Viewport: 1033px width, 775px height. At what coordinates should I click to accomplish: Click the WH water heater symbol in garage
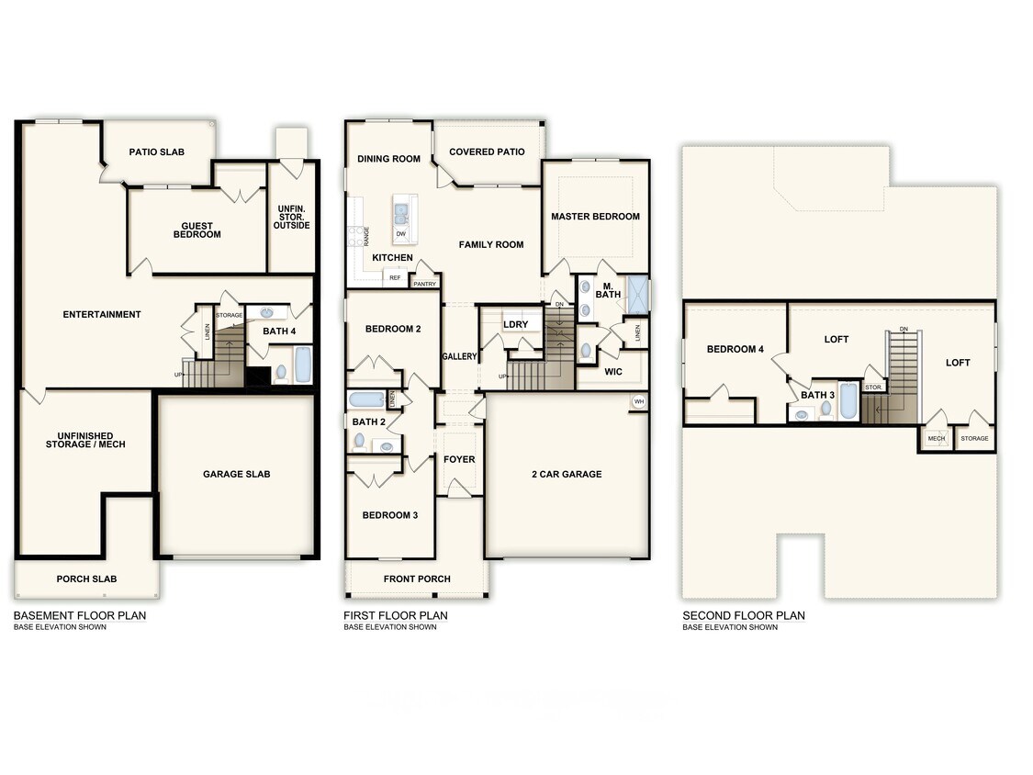click(x=638, y=401)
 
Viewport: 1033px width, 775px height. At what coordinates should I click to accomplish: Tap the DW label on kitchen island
click(x=401, y=234)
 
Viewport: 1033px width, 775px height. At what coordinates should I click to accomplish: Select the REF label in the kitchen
click(x=395, y=277)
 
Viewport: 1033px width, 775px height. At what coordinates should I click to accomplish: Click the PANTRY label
click(x=424, y=284)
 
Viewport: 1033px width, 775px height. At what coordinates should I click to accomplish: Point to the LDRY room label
click(x=515, y=324)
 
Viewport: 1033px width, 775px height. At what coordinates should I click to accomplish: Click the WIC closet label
click(x=614, y=372)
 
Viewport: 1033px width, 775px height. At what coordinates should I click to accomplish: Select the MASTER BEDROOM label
click(x=595, y=217)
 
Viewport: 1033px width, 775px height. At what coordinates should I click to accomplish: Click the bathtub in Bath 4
click(x=302, y=365)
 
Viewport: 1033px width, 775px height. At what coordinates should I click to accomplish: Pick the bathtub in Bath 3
click(x=848, y=400)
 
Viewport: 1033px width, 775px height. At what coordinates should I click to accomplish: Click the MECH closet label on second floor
click(x=936, y=439)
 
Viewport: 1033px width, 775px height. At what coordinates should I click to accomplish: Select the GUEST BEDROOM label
click(x=197, y=230)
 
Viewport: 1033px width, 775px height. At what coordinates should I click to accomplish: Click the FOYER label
click(x=459, y=459)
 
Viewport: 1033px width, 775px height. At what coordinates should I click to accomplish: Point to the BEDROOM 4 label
click(x=735, y=349)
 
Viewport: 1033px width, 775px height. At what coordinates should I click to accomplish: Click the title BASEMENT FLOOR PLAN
click(x=79, y=615)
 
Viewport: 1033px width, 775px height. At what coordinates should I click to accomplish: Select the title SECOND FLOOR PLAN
click(x=743, y=615)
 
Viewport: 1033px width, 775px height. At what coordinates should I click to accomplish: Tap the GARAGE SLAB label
click(x=236, y=474)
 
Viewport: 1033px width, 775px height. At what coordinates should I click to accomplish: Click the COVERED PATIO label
click(x=487, y=152)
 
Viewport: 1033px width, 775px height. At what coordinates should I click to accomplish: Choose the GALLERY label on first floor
click(x=459, y=356)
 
